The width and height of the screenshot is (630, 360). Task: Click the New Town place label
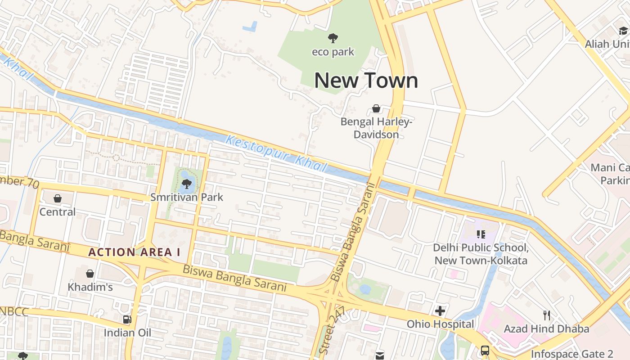click(366, 81)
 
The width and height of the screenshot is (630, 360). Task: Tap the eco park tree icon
click(333, 38)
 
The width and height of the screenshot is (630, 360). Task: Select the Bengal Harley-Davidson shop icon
click(376, 108)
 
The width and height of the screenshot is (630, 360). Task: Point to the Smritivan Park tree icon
click(187, 184)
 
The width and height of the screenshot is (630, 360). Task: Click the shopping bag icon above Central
click(58, 198)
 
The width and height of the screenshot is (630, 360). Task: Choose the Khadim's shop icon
click(90, 274)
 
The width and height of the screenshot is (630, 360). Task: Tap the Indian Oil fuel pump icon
click(127, 319)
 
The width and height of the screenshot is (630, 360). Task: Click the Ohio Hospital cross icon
click(440, 310)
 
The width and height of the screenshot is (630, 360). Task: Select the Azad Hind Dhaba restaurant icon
click(546, 315)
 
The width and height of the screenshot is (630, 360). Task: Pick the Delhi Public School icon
click(481, 234)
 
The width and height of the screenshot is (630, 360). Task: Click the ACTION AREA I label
click(134, 252)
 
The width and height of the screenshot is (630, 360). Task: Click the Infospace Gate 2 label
click(572, 354)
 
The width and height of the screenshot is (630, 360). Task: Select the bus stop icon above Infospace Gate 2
click(485, 350)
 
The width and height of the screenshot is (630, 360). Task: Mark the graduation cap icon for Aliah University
click(623, 31)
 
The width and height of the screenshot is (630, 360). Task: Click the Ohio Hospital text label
click(440, 324)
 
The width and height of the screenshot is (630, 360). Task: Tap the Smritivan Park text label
click(186, 197)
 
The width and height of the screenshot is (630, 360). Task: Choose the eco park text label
click(333, 52)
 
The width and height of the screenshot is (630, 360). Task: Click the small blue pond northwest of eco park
click(250, 27)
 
